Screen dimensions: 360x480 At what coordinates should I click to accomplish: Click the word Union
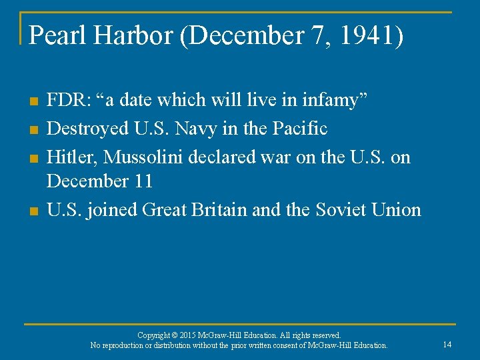click(x=397, y=209)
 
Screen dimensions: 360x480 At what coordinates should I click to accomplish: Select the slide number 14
click(x=447, y=344)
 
